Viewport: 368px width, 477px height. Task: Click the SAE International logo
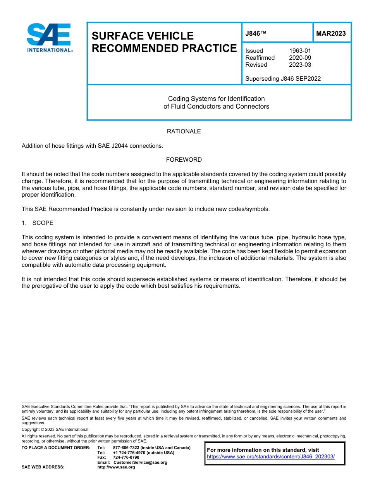(x=50, y=38)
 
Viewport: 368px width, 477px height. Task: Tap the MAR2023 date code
(x=331, y=34)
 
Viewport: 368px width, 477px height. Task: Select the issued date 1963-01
(x=300, y=51)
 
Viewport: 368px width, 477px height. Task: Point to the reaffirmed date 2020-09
(x=300, y=58)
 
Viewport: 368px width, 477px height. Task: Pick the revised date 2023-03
(x=300, y=65)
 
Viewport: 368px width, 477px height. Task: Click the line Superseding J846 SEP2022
(x=283, y=79)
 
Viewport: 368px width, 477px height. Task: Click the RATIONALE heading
(x=184, y=131)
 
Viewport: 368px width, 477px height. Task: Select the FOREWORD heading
(x=184, y=160)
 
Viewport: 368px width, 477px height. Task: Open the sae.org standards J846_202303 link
(x=271, y=457)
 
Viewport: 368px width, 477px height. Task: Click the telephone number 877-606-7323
(x=126, y=448)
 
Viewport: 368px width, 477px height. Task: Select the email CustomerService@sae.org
(x=140, y=462)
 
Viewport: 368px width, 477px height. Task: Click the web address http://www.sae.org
(x=116, y=467)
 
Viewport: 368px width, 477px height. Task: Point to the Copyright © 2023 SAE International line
(x=55, y=430)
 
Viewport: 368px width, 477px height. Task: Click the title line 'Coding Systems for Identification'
(x=216, y=99)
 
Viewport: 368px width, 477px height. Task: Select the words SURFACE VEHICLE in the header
(x=143, y=36)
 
